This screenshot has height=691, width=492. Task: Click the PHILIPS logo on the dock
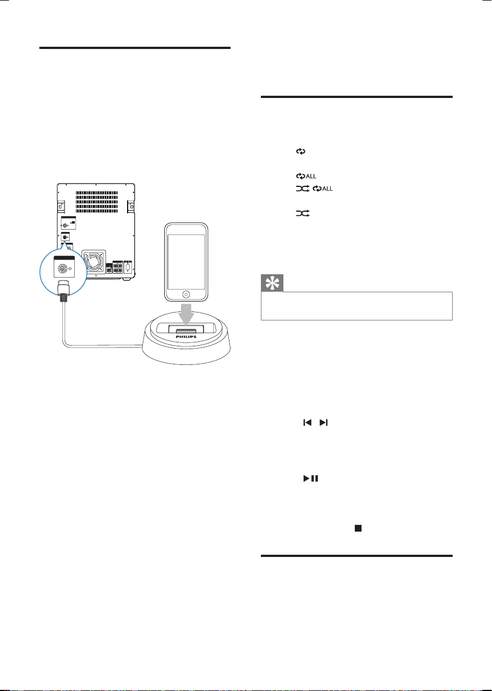(x=186, y=337)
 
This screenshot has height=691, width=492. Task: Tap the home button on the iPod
(x=186, y=294)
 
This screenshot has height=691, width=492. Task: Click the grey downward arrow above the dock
(x=186, y=314)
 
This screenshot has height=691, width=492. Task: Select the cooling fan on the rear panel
(x=94, y=262)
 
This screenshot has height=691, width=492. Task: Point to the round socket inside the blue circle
(x=62, y=269)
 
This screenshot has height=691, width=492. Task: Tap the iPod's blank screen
(x=186, y=262)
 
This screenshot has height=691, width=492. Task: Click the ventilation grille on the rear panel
(x=97, y=202)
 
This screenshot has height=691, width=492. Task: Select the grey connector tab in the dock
(x=186, y=331)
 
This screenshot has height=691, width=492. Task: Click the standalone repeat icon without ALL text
(x=301, y=151)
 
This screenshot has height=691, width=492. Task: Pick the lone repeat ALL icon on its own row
(x=306, y=176)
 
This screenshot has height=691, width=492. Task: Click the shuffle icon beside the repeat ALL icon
(x=303, y=189)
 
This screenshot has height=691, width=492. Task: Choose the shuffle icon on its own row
(x=303, y=213)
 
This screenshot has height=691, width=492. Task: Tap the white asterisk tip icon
(x=272, y=283)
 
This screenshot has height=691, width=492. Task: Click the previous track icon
(x=308, y=422)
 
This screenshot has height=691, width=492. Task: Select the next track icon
(x=323, y=422)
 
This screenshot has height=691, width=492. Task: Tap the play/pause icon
(x=311, y=478)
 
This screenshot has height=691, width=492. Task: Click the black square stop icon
(x=358, y=528)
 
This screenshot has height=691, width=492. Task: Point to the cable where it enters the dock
(x=142, y=347)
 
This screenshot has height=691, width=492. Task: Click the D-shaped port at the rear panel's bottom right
(x=128, y=267)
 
